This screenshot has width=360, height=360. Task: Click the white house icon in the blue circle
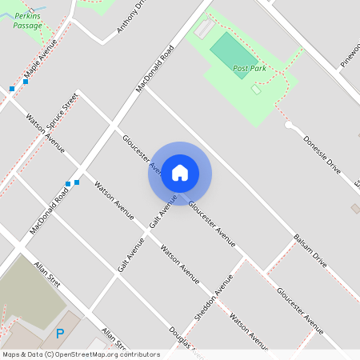tap(180, 172)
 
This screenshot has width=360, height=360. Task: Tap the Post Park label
tap(249, 69)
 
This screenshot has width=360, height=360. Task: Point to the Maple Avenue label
tap(41, 62)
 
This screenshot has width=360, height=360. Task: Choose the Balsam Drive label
tap(310, 250)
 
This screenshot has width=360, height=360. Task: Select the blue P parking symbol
tap(59, 333)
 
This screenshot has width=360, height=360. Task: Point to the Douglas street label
tap(182, 340)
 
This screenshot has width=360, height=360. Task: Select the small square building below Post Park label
tap(256, 90)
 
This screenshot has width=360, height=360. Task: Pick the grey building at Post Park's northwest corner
tap(204, 30)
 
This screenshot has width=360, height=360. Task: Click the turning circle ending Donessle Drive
tap(289, 125)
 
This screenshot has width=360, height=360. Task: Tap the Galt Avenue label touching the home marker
tap(162, 209)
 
